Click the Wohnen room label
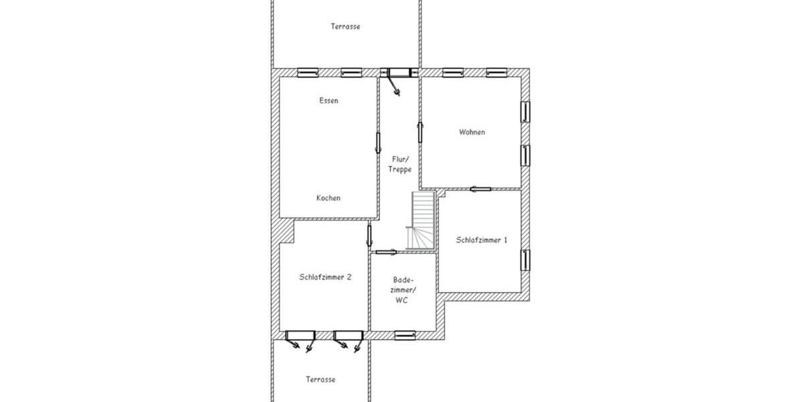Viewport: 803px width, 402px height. pos(472,132)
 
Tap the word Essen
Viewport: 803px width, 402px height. pos(329,101)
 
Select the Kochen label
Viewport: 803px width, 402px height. pos(329,198)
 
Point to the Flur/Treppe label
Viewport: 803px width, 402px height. pos(400,164)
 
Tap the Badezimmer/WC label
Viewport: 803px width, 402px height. pos(404,290)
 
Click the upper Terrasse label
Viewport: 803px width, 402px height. pos(345,27)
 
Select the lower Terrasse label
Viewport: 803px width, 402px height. pos(320,379)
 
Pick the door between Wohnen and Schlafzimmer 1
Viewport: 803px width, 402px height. pos(480,189)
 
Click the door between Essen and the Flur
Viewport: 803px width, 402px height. pos(378,143)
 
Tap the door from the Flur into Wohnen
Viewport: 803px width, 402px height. pos(420,131)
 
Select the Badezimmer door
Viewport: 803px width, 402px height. pos(386,252)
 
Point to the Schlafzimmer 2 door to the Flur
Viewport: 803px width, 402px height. pos(369,236)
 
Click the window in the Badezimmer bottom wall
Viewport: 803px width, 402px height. pos(405,334)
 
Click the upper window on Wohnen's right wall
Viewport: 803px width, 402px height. pos(525,111)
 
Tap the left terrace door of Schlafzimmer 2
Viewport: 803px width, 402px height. pos(300,335)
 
